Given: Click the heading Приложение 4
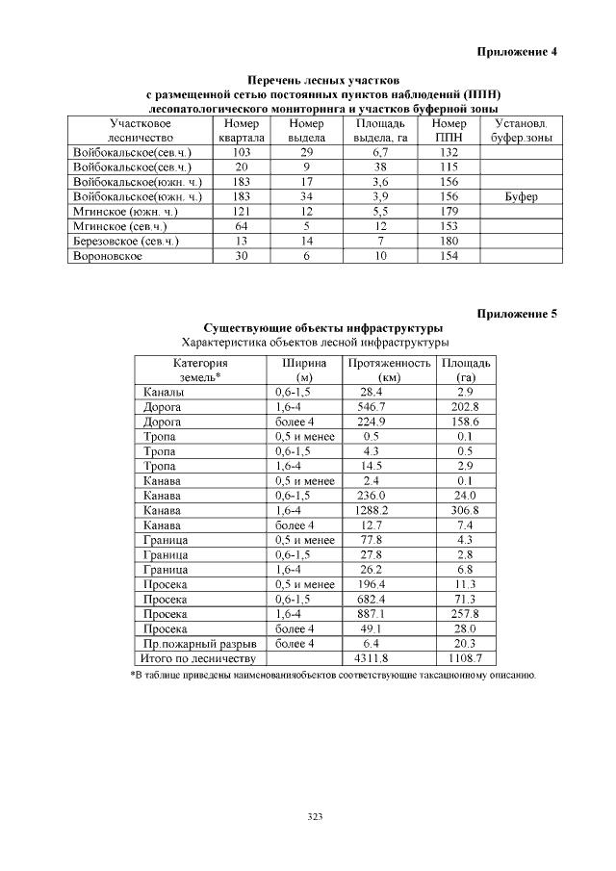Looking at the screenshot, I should [517, 51].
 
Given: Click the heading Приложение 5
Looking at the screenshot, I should [517, 313].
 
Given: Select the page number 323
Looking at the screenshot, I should [315, 816].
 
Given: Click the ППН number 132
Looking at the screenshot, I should [448, 152].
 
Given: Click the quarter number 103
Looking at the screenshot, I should [242, 152].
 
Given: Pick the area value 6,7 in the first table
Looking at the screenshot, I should [379, 152].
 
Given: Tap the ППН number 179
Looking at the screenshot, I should [448, 211].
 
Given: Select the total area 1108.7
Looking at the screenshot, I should [466, 658].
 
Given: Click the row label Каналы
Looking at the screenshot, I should [162, 392].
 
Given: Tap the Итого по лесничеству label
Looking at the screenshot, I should [198, 658].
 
